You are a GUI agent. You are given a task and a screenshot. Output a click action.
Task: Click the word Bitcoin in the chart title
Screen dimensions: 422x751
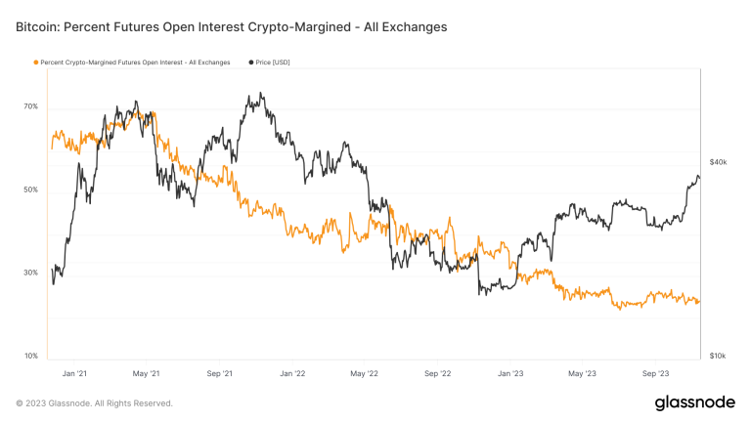point(37,27)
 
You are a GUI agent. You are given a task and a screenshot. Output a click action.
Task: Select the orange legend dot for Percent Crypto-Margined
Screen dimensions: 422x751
point(36,63)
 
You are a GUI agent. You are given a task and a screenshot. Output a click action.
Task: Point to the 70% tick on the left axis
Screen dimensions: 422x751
point(30,106)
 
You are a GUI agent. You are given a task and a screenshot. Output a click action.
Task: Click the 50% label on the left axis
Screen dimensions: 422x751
point(30,190)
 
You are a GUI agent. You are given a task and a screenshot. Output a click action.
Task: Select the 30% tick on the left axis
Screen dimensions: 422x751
point(30,273)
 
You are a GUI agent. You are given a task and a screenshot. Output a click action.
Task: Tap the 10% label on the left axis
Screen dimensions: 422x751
point(30,356)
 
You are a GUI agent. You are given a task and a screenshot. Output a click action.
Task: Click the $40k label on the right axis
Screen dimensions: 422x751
point(718,161)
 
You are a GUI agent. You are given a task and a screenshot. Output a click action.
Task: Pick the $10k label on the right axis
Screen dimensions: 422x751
point(718,356)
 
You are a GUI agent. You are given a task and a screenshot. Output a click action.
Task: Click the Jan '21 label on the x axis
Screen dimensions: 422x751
point(73,372)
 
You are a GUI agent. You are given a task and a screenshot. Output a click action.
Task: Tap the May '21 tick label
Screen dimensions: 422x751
point(146,372)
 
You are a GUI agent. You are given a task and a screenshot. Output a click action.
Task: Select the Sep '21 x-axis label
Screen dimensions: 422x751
point(220,372)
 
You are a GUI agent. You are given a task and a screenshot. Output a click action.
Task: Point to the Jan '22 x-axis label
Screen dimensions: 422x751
point(292,372)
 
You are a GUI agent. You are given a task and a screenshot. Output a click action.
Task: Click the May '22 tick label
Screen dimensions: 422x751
point(364,372)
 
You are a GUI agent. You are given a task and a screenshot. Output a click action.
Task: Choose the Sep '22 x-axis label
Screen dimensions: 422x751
point(438,372)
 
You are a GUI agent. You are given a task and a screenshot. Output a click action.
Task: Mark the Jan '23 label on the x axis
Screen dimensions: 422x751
point(510,372)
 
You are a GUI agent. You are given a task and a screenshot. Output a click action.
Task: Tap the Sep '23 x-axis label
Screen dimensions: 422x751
point(656,372)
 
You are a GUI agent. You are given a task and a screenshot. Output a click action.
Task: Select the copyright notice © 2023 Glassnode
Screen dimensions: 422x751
point(95,402)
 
